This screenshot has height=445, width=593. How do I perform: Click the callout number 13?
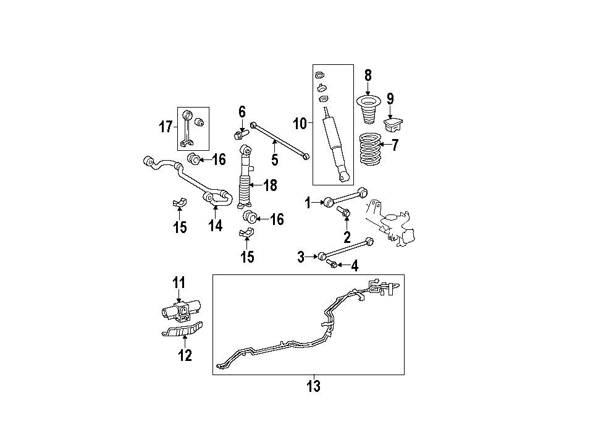314,386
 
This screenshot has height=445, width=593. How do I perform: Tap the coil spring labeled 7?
370,149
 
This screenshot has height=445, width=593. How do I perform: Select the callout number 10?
300,124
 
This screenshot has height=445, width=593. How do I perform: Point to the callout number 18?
270,185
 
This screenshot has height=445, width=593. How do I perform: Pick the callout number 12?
185,355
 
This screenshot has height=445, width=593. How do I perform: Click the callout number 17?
166,127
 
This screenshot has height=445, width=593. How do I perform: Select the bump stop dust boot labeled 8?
368,111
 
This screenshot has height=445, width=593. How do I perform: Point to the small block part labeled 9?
393,125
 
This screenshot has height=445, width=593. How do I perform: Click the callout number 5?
274,159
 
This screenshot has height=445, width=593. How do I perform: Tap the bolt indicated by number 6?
240,134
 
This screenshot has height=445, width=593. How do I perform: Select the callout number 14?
215,226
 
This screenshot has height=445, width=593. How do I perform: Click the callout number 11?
179,282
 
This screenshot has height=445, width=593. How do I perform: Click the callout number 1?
308,203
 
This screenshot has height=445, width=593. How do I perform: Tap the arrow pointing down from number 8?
368,88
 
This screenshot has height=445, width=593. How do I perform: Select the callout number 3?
301,257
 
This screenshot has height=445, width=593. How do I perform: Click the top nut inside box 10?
319,75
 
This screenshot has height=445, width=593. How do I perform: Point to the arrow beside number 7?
385,144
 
